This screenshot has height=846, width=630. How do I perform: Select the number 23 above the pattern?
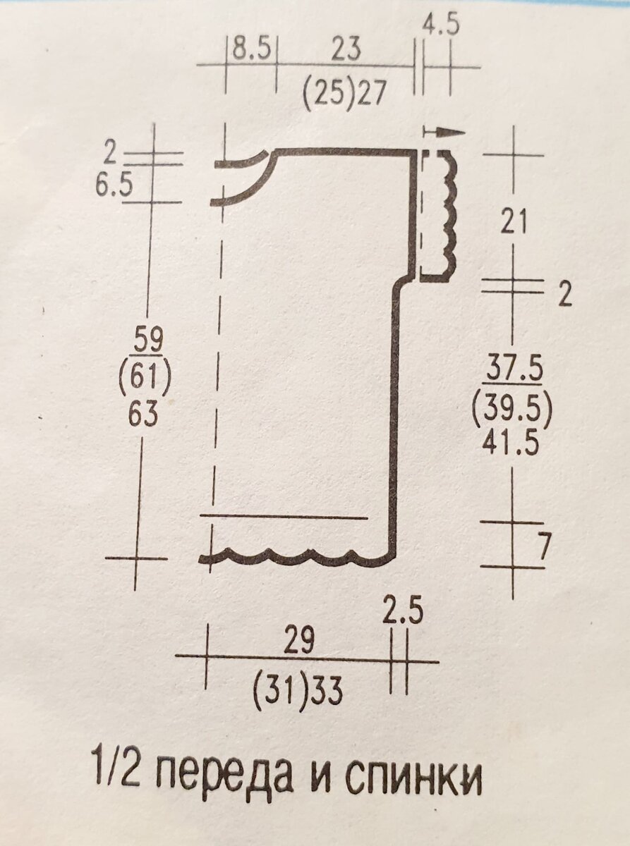click(346, 49)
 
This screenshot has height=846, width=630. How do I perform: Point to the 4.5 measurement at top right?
click(441, 26)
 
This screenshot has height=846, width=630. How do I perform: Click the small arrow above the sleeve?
click(444, 132)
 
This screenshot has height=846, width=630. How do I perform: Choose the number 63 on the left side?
click(145, 416)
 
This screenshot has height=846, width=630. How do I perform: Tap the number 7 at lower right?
click(542, 547)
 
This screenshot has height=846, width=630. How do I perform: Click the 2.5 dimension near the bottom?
click(403, 611)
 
